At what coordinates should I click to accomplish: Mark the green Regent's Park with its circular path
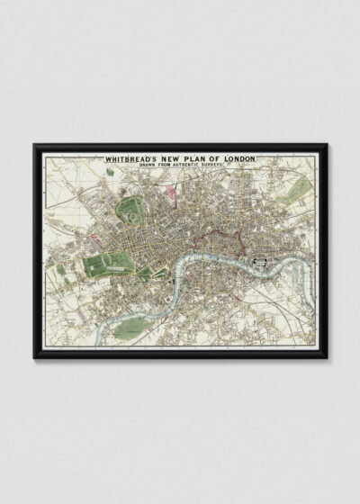(133, 212)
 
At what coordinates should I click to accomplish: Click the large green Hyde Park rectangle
(107, 266)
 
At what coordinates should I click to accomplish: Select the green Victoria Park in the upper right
(292, 192)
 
